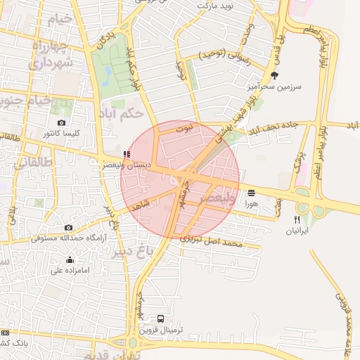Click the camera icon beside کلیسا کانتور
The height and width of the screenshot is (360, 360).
click(62, 123)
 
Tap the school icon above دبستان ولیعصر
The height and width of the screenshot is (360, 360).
click(127, 154)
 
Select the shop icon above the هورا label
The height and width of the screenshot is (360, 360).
click(251, 192)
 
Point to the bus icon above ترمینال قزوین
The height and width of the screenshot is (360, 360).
click(162, 319)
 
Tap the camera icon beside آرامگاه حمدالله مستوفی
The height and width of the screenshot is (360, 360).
click(68, 228)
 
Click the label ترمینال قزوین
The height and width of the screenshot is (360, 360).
click(162, 330)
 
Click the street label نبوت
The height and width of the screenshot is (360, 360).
click(184, 129)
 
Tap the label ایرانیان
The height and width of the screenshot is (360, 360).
click(302, 230)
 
